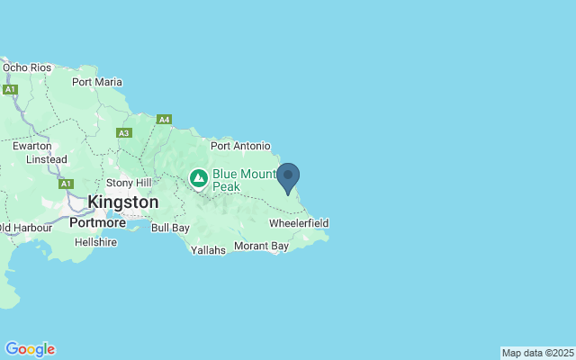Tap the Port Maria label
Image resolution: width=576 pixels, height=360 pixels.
(x=96, y=82)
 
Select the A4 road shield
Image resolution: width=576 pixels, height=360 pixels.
(x=164, y=119)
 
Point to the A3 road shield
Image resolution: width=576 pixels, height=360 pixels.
(x=124, y=132)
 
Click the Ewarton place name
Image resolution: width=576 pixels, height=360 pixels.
(x=31, y=144)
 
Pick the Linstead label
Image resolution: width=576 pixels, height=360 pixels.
(x=47, y=159)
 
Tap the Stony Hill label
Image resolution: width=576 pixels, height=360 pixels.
(x=130, y=183)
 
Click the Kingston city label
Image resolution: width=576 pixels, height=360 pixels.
(x=123, y=202)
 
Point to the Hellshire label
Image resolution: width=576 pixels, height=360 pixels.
(x=96, y=242)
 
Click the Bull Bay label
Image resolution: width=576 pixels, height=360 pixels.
(x=170, y=228)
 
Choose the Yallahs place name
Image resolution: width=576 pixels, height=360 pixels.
(x=208, y=250)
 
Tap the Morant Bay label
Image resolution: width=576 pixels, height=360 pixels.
(x=261, y=246)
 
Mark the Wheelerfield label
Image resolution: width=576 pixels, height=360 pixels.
(x=299, y=222)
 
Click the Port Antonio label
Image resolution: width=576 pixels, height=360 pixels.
(x=240, y=146)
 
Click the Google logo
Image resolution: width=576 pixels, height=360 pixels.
(x=30, y=349)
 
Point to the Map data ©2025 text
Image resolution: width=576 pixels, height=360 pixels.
(x=536, y=353)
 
